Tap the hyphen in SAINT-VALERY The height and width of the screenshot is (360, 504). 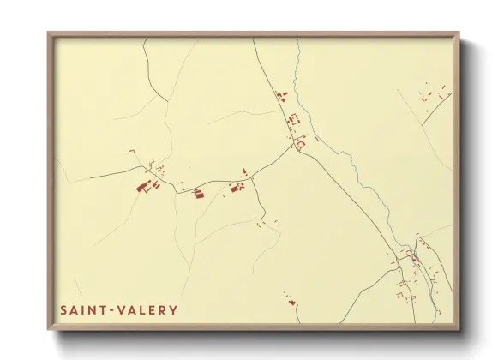point(109,310)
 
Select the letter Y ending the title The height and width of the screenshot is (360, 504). point(173,310)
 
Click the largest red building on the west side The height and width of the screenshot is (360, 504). point(143,185)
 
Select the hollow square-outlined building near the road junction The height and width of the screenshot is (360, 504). point(301,146)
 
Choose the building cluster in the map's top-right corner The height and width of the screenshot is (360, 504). point(433,96)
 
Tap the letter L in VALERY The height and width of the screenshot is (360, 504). point(141,310)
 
